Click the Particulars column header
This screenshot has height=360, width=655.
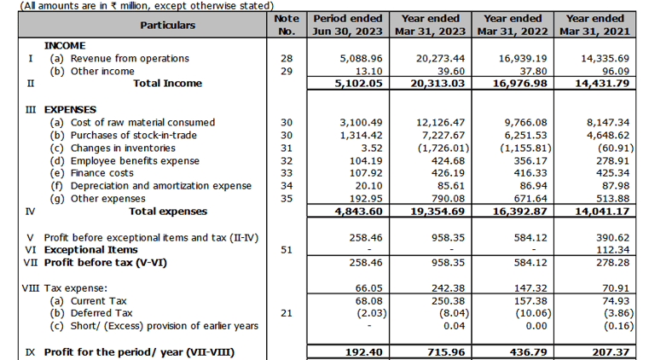[167, 25]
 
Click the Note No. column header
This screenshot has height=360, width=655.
[286, 25]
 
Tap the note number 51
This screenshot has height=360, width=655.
[286, 250]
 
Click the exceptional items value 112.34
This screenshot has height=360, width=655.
[610, 250]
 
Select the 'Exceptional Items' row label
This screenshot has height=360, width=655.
[91, 250]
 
